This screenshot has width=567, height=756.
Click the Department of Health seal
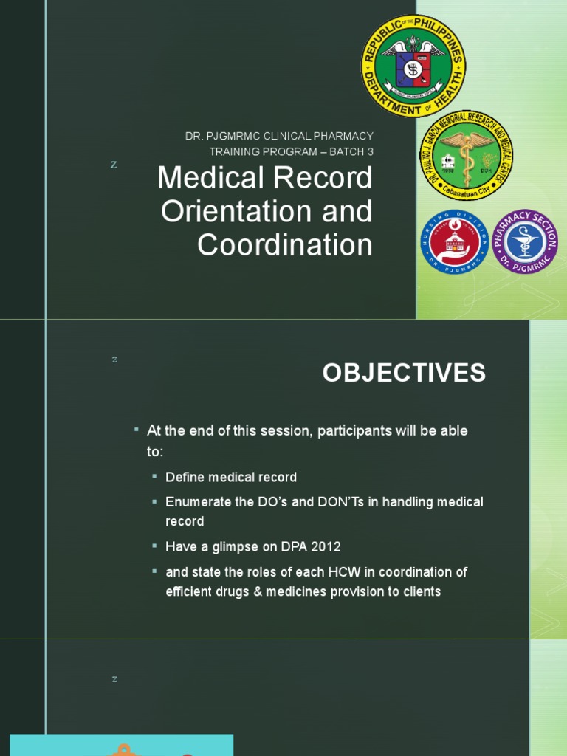(x=413, y=66)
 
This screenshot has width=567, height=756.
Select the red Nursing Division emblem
(x=454, y=241)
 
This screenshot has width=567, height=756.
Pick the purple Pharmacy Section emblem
(x=525, y=241)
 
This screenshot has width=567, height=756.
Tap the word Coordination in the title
(x=284, y=245)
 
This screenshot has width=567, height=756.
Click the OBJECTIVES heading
(x=404, y=374)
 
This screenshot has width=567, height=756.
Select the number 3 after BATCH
(x=370, y=152)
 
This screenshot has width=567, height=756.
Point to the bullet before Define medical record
(x=154, y=477)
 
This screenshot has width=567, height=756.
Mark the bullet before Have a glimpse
(x=154, y=547)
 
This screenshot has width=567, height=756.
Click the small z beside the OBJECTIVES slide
(x=114, y=360)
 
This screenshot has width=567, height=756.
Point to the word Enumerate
(x=196, y=502)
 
